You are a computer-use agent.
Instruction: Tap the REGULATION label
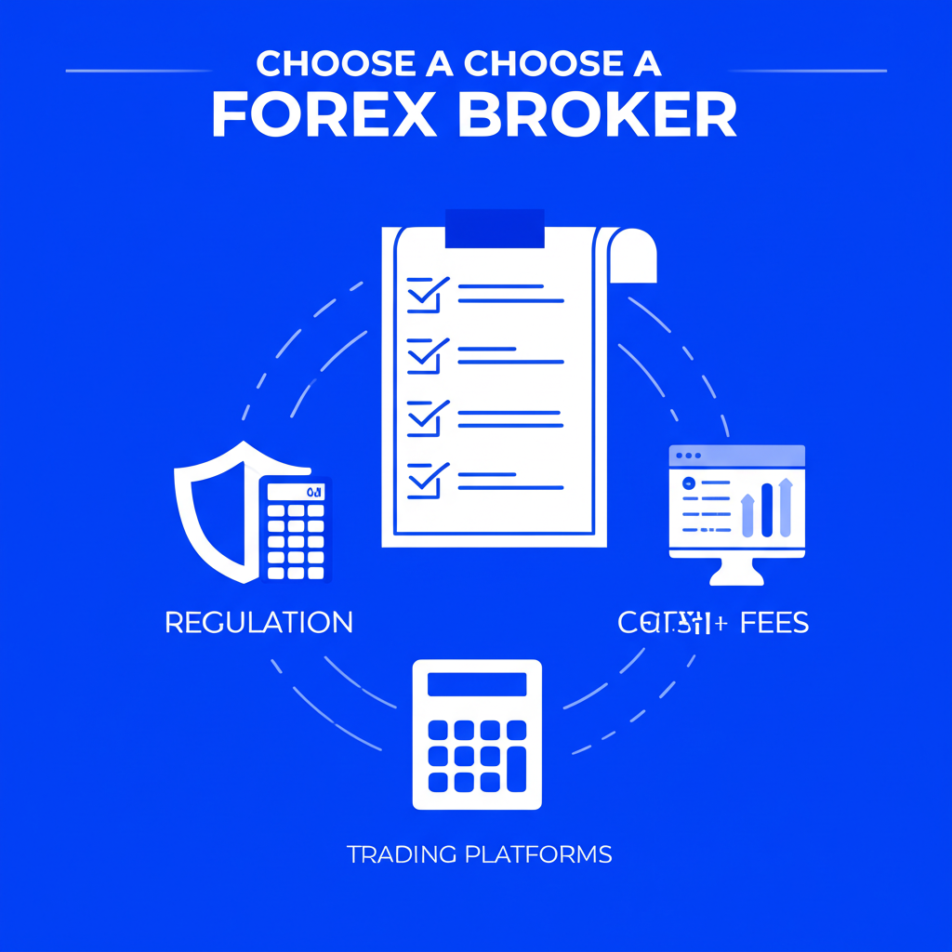click(258, 622)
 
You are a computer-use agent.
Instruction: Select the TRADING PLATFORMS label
click(480, 853)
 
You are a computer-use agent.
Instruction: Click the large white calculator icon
click(477, 734)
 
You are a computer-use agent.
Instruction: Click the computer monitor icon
click(737, 512)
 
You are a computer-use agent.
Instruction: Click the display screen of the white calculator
click(477, 684)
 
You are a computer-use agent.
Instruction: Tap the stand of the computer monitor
click(737, 571)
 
